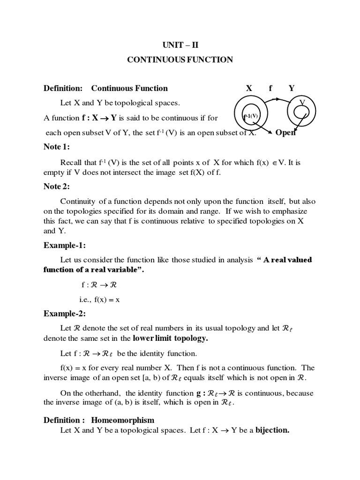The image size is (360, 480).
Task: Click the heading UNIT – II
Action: pyautogui.click(x=180, y=45)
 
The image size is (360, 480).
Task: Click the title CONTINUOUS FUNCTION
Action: pyautogui.click(x=180, y=60)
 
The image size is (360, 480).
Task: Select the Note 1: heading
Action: pyautogui.click(x=56, y=147)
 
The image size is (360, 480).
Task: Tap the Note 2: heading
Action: pyautogui.click(x=56, y=187)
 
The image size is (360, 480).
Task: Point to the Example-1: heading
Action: pyautogui.click(x=65, y=245)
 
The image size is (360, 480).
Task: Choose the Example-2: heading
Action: pyautogui.click(x=65, y=313)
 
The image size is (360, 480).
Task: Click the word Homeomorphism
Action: pyautogui.click(x=122, y=420)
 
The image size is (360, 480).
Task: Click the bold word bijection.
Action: pyautogui.click(x=272, y=430)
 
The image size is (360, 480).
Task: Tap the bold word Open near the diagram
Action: pyautogui.click(x=285, y=133)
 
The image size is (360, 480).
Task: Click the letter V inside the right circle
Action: pyautogui.click(x=302, y=102)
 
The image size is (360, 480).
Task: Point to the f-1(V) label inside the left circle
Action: pyautogui.click(x=250, y=115)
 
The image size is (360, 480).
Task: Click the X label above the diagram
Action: pyautogui.click(x=249, y=88)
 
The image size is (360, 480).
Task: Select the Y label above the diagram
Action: pyautogui.click(x=292, y=88)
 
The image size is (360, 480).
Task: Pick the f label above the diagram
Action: pyautogui.click(x=270, y=88)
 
